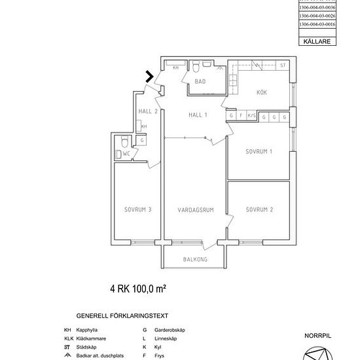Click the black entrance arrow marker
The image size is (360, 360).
[x=150, y=77]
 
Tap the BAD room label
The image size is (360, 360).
[x=200, y=82]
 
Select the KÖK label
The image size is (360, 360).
[x=262, y=92]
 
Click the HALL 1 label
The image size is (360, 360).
[x=198, y=115]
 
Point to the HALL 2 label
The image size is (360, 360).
[x=148, y=111]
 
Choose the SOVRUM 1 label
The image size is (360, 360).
[x=259, y=151]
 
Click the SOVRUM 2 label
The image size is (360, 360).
[x=259, y=209]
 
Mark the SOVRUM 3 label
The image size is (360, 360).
[x=137, y=209]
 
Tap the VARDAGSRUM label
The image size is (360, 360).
[x=195, y=209]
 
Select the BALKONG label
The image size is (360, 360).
[x=195, y=259]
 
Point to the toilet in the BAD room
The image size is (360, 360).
[x=196, y=67]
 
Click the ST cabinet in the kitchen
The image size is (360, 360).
[x=283, y=65]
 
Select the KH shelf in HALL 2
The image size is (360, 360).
[x=144, y=126]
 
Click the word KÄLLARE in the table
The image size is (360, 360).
[x=317, y=41]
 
